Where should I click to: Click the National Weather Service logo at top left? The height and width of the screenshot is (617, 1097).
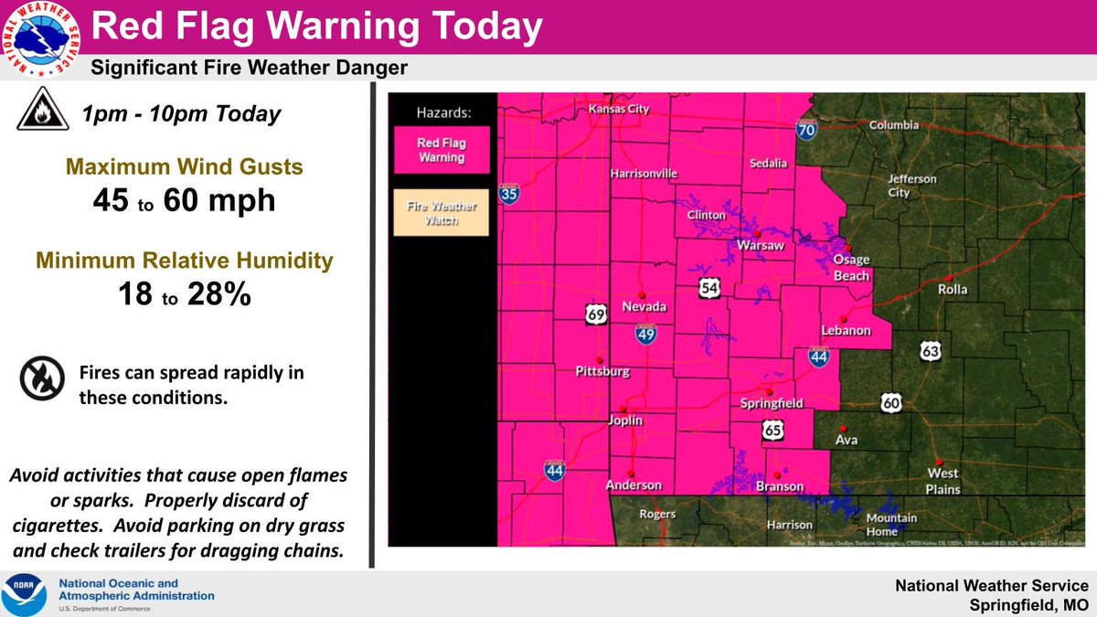[40, 40]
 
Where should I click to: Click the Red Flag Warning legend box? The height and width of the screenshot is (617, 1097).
[441, 150]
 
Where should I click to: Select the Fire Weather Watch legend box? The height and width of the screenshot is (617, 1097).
[441, 212]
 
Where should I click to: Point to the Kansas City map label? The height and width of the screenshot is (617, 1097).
[618, 110]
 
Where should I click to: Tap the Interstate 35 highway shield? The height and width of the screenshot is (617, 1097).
[509, 194]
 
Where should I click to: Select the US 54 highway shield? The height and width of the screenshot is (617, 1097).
[710, 289]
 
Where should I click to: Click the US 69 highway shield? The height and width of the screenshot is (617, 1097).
[596, 314]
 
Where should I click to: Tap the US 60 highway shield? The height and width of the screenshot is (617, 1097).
[891, 402]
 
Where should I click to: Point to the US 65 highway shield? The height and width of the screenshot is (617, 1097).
[773, 430]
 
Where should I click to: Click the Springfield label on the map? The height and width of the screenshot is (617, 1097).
[771, 403]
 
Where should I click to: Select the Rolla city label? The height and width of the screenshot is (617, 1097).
[952, 289]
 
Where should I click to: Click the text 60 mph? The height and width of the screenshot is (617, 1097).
[219, 200]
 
